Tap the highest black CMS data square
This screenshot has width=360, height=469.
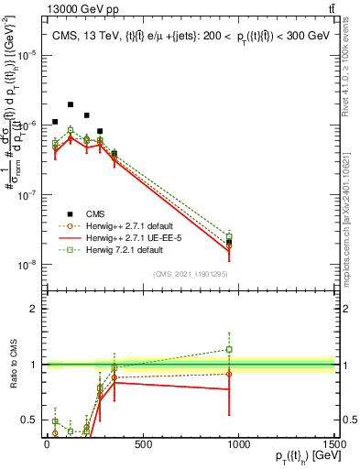(71, 105)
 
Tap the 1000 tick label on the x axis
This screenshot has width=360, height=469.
(238, 443)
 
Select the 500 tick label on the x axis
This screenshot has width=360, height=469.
(142, 443)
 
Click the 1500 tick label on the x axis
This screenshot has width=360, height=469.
(334, 443)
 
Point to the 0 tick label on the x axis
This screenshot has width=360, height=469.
(47, 443)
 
